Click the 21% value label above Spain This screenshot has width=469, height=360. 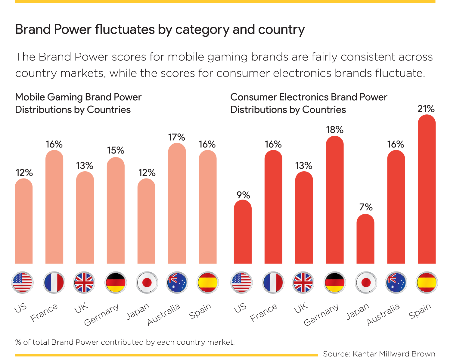426,109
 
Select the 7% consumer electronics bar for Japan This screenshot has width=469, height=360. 365,239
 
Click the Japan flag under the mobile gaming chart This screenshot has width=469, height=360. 147,283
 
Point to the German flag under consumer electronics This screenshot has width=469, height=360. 335,283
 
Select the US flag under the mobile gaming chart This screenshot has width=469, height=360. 23,283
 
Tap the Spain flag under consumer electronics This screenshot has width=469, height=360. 427,283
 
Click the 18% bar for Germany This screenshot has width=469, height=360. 335,200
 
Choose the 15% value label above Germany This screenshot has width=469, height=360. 116,150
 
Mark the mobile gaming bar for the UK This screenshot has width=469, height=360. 85,218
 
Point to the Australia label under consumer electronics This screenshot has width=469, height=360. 383,315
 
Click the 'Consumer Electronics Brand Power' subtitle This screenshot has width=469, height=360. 309,97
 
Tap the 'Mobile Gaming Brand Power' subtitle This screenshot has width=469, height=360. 78,97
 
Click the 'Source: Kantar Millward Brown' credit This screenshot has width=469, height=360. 379,354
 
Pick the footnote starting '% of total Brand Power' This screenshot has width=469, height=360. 125,342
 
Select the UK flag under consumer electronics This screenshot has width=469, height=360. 303,283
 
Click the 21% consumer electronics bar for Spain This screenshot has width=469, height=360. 427,190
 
